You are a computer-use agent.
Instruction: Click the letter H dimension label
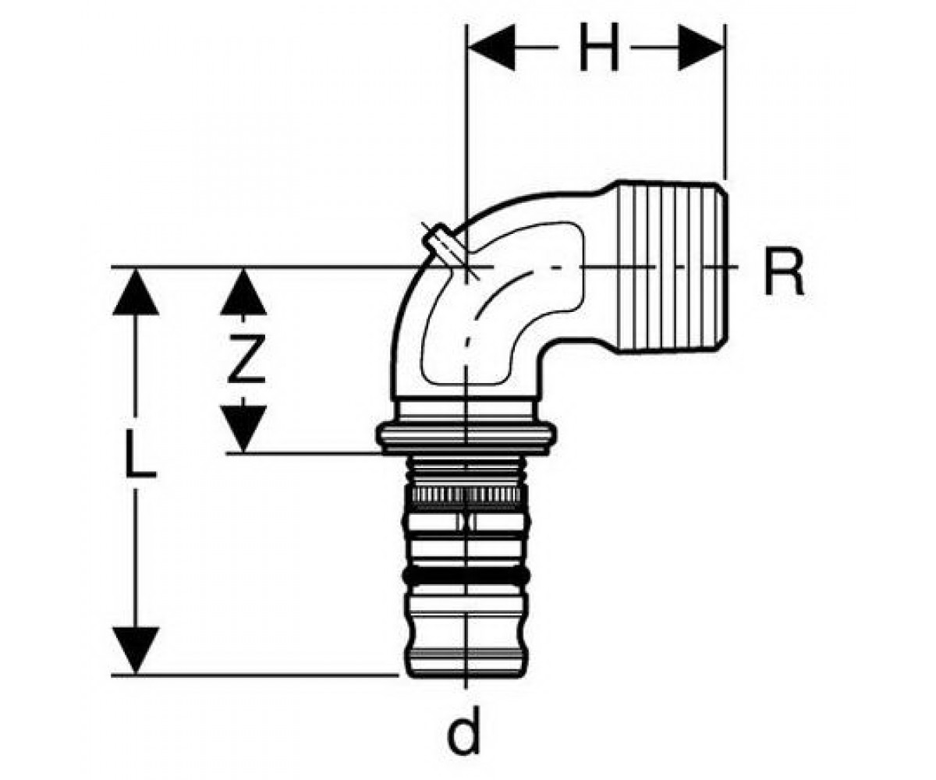pyautogui.click(x=599, y=47)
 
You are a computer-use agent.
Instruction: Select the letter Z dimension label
pyautogui.click(x=246, y=359)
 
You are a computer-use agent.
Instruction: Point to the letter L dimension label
pyautogui.click(x=140, y=453)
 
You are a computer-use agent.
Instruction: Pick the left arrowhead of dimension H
pyautogui.click(x=491, y=47)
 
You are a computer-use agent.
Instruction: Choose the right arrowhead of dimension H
pyautogui.click(x=701, y=47)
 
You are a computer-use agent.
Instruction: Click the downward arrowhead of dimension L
pyautogui.click(x=136, y=651)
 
